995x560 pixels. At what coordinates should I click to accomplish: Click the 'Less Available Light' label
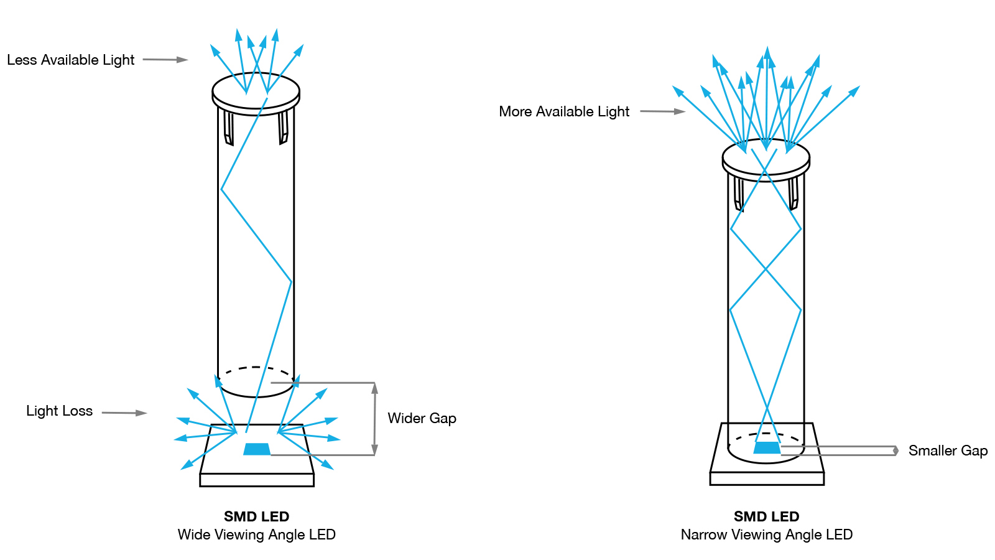(x=70, y=60)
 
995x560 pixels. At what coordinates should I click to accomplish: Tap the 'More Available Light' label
(x=564, y=111)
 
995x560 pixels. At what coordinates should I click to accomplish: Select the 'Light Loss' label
(x=59, y=411)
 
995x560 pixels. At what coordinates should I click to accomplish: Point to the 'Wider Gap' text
(x=422, y=418)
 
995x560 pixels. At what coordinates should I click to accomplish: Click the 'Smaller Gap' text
(x=948, y=450)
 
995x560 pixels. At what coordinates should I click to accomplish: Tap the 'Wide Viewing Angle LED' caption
(x=256, y=534)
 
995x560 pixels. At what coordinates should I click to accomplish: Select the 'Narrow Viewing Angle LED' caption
(x=766, y=534)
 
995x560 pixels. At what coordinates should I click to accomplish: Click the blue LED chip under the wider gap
(x=257, y=449)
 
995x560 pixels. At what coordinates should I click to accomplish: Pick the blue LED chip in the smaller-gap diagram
(x=767, y=447)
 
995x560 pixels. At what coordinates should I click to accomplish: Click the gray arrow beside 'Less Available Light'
(x=165, y=60)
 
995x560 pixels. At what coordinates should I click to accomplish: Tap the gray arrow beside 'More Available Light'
(x=663, y=111)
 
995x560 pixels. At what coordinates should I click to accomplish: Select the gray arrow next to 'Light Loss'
(x=124, y=413)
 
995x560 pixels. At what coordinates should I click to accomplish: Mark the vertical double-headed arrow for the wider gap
(x=374, y=419)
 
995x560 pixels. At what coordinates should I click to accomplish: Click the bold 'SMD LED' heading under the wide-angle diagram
(x=256, y=516)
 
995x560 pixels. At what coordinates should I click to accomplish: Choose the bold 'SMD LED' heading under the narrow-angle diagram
(x=766, y=516)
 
